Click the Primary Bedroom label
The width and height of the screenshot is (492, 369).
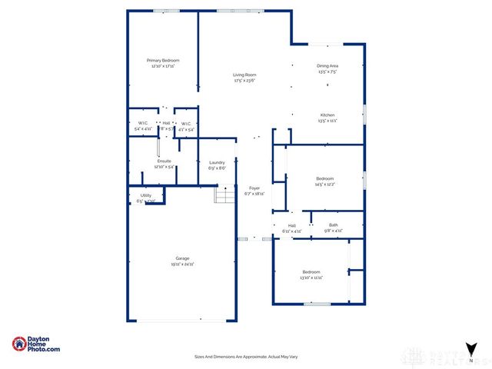[163, 60]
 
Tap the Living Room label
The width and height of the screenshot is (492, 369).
[244, 75]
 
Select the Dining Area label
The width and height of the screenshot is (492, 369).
[327, 66]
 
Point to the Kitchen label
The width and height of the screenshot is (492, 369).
[327, 115]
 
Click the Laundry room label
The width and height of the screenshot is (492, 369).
[217, 162]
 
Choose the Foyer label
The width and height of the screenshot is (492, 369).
[254, 188]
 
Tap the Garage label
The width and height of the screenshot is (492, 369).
[182, 258]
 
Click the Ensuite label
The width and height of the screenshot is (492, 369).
[164, 161]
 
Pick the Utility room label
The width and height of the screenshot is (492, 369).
[145, 196]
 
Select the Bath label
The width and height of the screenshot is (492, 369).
[333, 225]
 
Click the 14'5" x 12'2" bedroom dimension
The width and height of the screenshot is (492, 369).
[324, 184]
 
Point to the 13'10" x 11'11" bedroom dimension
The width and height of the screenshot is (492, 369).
[311, 278]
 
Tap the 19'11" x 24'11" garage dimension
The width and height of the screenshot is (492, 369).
[182, 264]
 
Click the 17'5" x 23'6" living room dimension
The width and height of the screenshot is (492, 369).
[244, 80]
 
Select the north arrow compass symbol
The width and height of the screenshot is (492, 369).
[470, 351]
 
